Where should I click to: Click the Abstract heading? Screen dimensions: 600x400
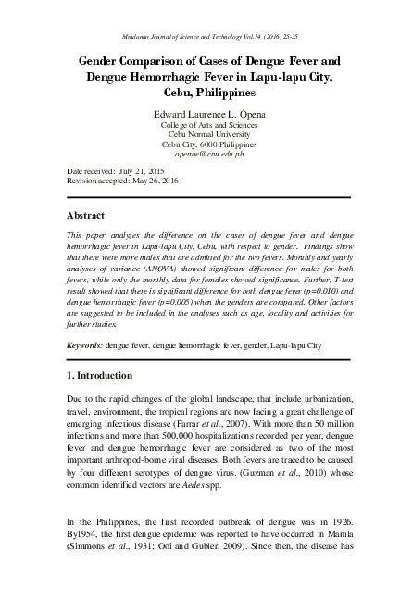coord(90,214)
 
